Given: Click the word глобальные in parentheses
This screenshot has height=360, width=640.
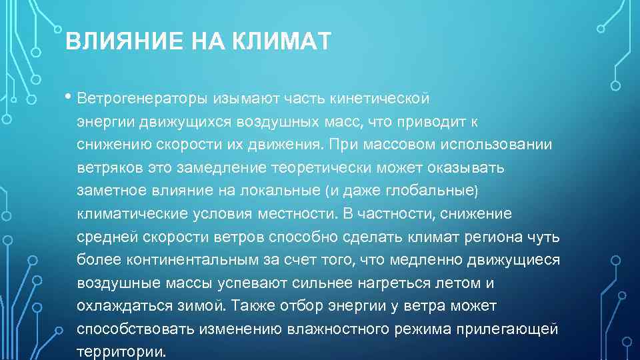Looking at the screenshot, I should point(431,191).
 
